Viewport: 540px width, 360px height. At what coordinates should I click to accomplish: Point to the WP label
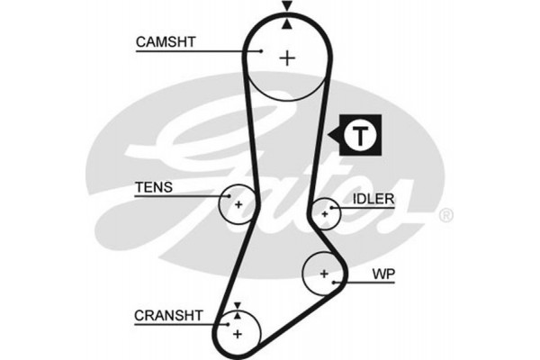(x=384, y=273)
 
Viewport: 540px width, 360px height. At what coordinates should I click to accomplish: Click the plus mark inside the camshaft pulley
(x=287, y=58)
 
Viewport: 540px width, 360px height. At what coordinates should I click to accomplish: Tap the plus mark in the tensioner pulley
(x=238, y=204)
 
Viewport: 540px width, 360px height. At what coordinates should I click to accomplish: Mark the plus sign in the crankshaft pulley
(x=238, y=334)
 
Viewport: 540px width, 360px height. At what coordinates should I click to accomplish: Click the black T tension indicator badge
(x=357, y=137)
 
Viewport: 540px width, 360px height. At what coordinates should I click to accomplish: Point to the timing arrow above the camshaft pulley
(x=287, y=8)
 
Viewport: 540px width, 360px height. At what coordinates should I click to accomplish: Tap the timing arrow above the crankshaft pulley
(x=238, y=308)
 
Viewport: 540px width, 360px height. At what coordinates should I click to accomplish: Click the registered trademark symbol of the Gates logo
(x=445, y=216)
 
